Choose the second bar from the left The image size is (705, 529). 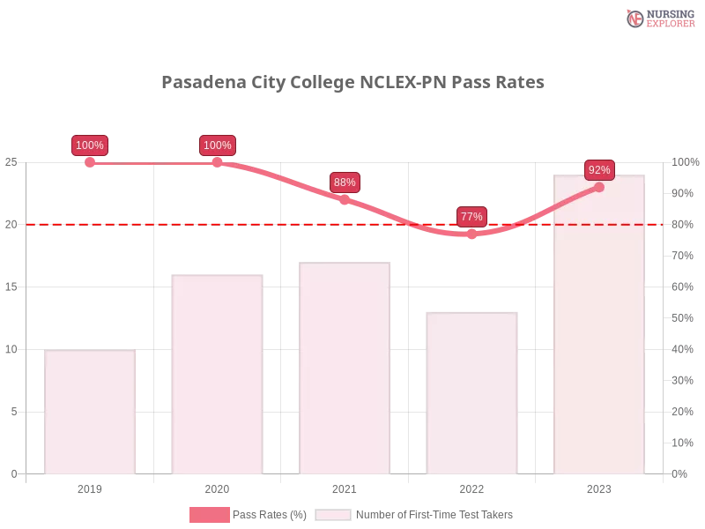219,371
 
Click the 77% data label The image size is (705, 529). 471,216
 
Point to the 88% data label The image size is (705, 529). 345,183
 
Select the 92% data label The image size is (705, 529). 599,169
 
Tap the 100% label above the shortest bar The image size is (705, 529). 90,145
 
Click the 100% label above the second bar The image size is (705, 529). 218,145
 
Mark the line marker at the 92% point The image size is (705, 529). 599,187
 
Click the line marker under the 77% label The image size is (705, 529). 471,234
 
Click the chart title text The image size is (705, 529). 355,82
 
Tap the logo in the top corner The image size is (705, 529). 658,18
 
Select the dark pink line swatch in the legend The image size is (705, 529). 209,515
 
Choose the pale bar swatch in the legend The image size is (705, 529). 333,515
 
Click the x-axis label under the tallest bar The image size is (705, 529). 599,487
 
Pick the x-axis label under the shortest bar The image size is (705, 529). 92,487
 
